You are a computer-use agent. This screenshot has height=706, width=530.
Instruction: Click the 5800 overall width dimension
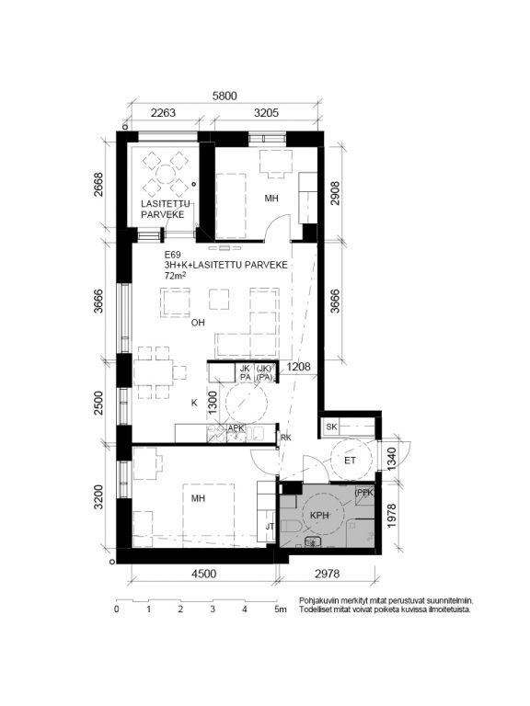click(x=225, y=96)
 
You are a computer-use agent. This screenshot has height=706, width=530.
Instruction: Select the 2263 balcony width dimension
click(x=163, y=112)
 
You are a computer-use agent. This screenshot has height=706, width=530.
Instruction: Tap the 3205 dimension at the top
click(x=266, y=112)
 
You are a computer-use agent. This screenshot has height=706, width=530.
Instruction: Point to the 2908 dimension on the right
click(x=335, y=193)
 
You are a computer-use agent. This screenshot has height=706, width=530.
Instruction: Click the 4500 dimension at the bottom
click(x=203, y=574)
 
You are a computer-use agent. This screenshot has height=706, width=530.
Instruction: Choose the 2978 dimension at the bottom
click(x=328, y=574)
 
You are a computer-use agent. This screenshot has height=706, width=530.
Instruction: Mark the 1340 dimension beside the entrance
click(x=391, y=459)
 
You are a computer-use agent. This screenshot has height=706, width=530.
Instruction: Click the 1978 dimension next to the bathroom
click(x=391, y=516)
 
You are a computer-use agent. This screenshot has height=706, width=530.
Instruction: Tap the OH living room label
click(x=198, y=323)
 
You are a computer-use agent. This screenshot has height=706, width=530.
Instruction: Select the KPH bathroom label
click(x=319, y=516)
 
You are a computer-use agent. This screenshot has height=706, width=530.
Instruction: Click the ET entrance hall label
click(x=351, y=461)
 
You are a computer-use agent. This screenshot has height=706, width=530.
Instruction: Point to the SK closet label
click(x=331, y=427)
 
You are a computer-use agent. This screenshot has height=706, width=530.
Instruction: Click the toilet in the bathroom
click(x=291, y=525)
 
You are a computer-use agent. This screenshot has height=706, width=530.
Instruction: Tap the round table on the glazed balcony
click(x=166, y=174)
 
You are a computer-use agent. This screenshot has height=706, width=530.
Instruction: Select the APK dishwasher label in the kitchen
click(x=236, y=427)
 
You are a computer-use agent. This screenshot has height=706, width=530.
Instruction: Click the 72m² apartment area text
click(x=176, y=276)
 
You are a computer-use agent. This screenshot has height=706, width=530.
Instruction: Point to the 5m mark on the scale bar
click(x=281, y=609)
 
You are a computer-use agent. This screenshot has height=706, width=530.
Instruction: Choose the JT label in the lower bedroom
click(x=270, y=527)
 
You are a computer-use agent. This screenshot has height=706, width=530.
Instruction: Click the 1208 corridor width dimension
click(x=298, y=367)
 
